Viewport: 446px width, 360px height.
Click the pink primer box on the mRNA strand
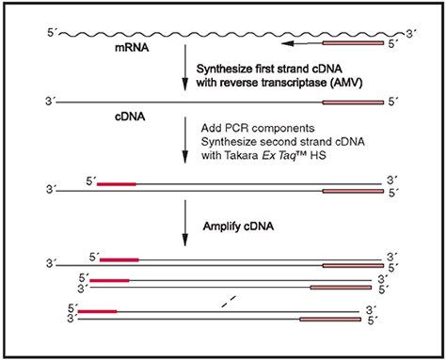tap(353, 43)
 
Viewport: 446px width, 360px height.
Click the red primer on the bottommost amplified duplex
tap(98, 310)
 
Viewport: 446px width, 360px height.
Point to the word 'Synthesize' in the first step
tap(227, 69)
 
